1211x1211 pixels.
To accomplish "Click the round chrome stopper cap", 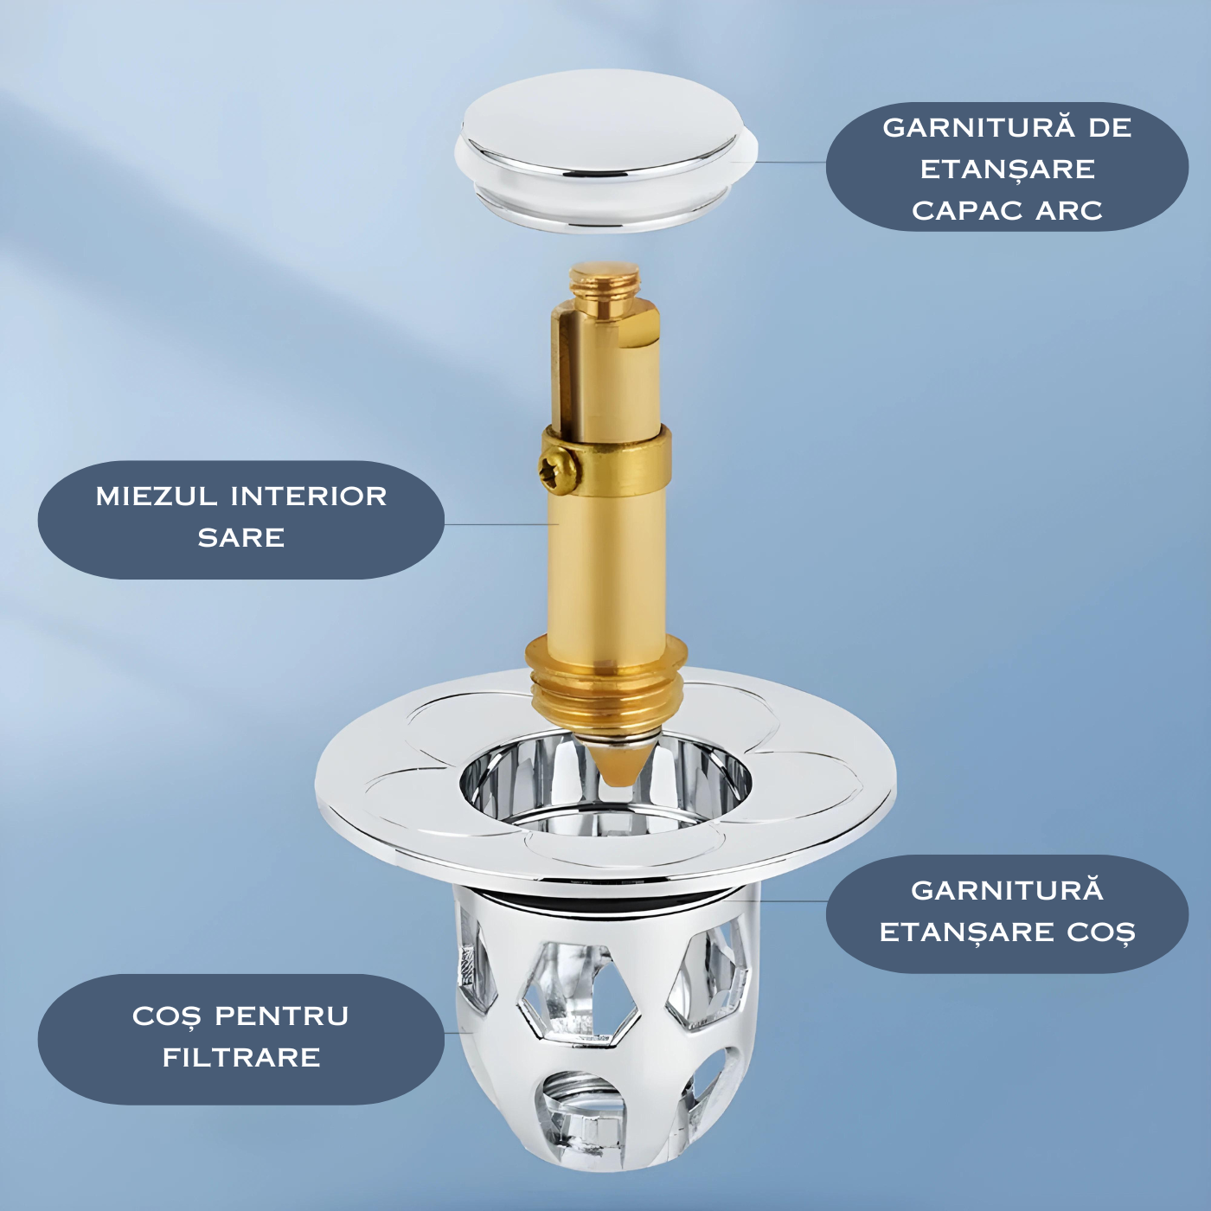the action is tap(605, 151).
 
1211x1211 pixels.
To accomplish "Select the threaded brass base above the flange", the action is tap(605, 685).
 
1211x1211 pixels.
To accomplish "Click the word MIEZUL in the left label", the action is tap(157, 497).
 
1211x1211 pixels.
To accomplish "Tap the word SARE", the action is tap(241, 538).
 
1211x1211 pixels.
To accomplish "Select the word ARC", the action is tap(1069, 210).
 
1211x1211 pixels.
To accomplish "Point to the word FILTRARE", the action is tap(241, 1057).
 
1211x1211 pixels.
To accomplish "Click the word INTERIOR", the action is tap(309, 497).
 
